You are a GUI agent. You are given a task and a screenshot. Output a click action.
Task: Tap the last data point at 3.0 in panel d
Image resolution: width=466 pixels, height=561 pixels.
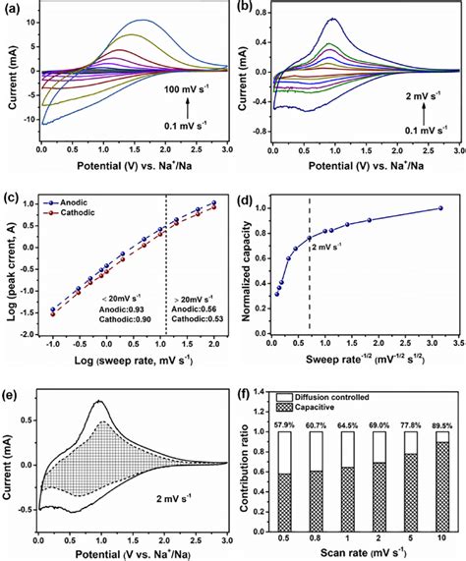point(440,208)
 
